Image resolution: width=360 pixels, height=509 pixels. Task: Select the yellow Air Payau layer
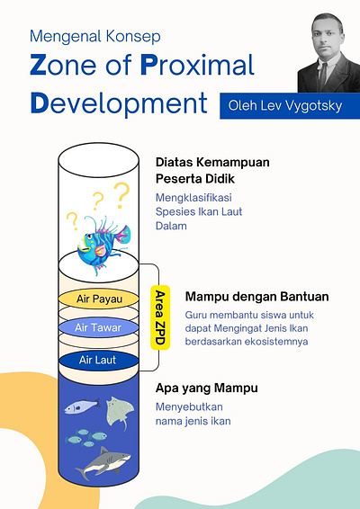click(x=95, y=298)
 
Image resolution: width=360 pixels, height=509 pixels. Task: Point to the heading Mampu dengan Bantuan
click(x=256, y=296)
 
